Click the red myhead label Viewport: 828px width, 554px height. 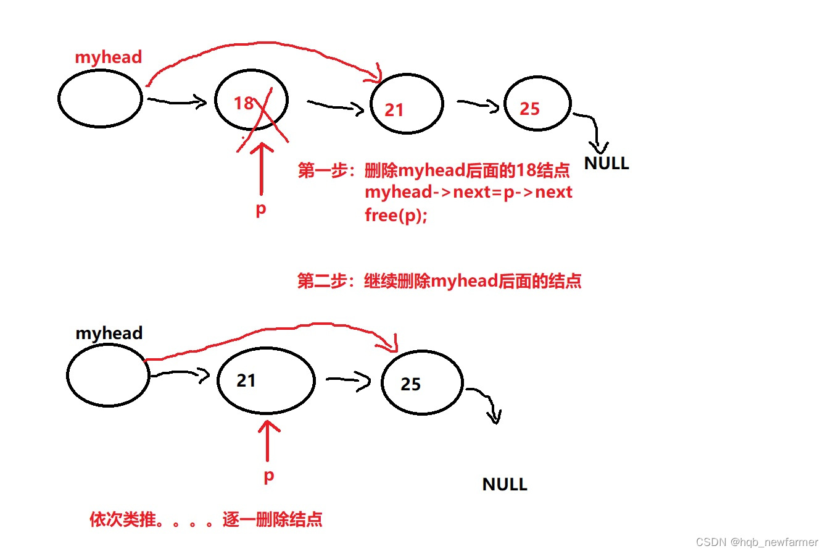(x=108, y=57)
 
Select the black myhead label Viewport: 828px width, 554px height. (x=109, y=333)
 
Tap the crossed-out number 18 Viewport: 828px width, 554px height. (x=244, y=103)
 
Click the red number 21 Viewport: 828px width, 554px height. (x=394, y=110)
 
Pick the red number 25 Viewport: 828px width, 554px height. (x=529, y=109)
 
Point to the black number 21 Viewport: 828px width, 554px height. (x=246, y=380)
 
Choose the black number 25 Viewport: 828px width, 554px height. (x=410, y=384)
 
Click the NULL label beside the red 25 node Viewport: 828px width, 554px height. (x=607, y=164)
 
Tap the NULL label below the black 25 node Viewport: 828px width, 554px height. (x=505, y=484)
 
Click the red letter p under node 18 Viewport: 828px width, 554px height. (x=261, y=209)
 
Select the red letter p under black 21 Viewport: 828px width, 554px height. (x=268, y=476)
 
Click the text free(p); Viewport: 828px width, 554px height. (x=395, y=216)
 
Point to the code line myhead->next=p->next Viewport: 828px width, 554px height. (x=468, y=192)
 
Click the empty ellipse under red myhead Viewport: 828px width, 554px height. (x=100, y=99)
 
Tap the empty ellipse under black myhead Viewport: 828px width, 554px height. (x=108, y=375)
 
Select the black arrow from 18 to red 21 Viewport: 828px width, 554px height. (x=336, y=107)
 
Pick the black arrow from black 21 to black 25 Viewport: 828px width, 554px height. (x=348, y=380)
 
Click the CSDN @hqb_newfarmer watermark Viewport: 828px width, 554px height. (x=756, y=542)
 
